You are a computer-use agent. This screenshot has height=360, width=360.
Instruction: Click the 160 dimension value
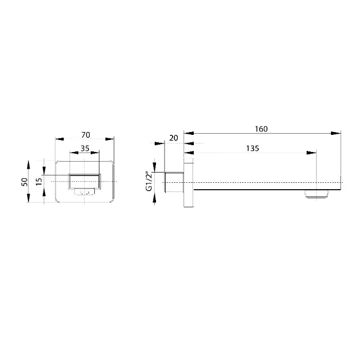tap(261, 129)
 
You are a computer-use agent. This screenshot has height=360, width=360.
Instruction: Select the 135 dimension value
tap(253, 149)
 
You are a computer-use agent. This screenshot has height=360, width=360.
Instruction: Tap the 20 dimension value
tap(174, 138)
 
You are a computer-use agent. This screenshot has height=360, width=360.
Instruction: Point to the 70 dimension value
tap(86, 135)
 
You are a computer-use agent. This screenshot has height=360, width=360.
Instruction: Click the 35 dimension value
tap(85, 149)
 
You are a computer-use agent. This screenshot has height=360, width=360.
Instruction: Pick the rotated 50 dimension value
tap(25, 182)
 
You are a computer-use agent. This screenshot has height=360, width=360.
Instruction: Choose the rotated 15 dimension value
tap(39, 182)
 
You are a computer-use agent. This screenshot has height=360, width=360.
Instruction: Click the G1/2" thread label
tap(149, 181)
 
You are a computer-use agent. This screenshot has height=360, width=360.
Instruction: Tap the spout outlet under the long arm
tap(317, 194)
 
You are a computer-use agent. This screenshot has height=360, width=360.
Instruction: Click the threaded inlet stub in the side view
tap(174, 182)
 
